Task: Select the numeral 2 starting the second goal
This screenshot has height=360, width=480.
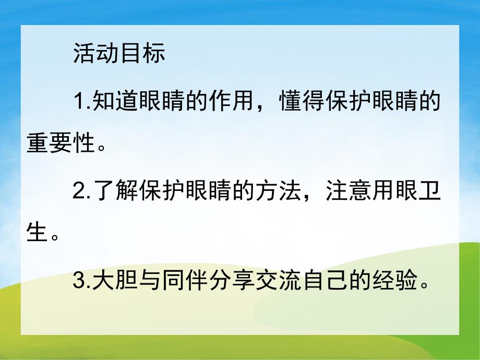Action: coord(79,192)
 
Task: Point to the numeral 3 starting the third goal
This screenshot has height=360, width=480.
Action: coord(79,282)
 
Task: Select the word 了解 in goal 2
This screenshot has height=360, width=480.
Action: coord(108,192)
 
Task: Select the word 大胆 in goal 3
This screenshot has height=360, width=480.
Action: coord(108,282)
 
